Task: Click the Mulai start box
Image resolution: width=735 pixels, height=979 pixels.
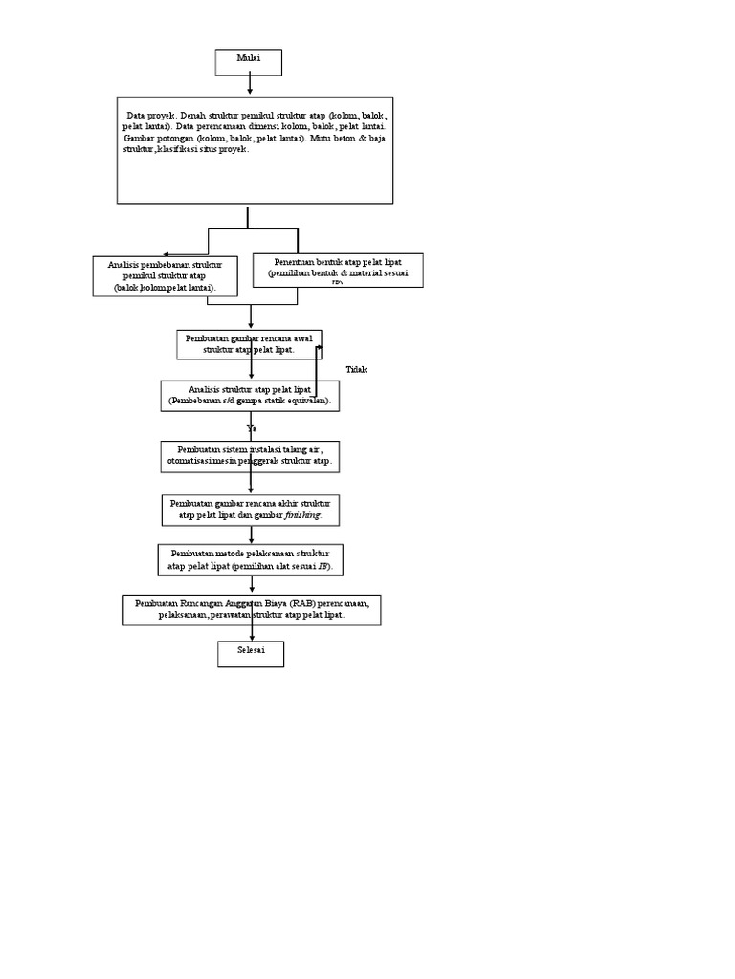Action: [x=249, y=62]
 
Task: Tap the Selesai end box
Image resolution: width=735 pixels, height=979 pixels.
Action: [x=251, y=654]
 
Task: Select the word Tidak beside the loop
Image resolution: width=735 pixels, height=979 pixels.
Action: [x=356, y=370]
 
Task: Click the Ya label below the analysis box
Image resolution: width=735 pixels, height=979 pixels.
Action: [x=252, y=429]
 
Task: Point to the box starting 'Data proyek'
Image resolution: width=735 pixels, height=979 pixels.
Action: [x=255, y=149]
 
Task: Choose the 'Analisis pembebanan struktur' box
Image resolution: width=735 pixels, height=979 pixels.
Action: [x=166, y=275]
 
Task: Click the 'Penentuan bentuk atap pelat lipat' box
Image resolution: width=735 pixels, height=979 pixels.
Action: [x=337, y=270]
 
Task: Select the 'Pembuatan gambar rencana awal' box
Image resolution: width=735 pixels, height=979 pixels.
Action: [x=249, y=344]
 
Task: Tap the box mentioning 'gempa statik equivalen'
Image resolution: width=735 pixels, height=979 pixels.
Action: [x=250, y=396]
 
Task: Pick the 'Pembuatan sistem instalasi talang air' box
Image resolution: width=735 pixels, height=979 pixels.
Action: [x=251, y=456]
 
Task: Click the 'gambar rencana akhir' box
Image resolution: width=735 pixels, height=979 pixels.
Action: [x=251, y=510]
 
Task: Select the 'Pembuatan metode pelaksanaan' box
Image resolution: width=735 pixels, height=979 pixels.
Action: [x=250, y=559]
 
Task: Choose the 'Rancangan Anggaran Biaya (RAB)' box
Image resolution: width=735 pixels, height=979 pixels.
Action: [x=252, y=610]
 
